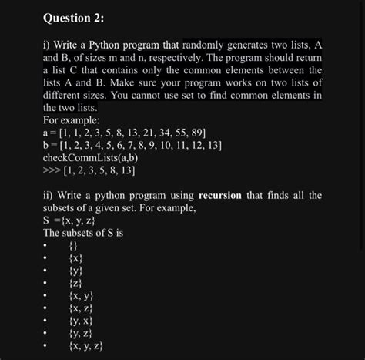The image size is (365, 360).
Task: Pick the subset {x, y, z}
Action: pos(85,346)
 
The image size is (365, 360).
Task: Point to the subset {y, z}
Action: pos(81,334)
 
